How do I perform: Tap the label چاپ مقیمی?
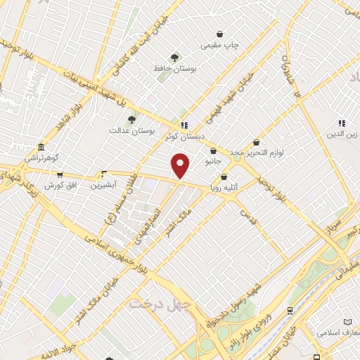coord(220,46)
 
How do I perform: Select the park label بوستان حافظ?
coord(175,69)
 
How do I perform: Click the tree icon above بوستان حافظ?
coord(174,58)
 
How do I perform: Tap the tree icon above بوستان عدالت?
coord(131,120)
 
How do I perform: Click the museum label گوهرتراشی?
coord(43,158)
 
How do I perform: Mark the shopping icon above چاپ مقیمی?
coord(220,34)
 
